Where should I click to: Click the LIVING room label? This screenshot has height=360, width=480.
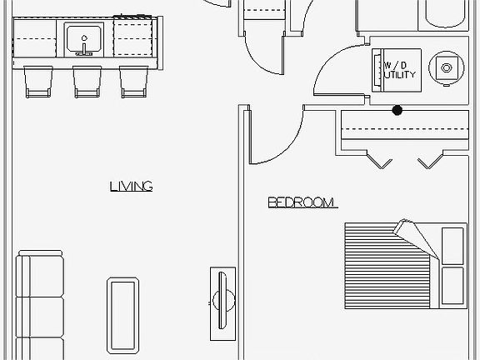(132, 187)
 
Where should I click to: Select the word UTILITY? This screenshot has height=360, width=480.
(400, 75)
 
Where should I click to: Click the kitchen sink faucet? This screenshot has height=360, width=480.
(84, 46)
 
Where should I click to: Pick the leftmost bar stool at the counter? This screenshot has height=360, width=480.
(38, 82)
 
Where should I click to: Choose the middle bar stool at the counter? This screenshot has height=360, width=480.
(87, 82)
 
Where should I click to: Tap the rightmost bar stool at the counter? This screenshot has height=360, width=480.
(134, 82)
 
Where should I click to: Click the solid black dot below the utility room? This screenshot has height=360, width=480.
(397, 110)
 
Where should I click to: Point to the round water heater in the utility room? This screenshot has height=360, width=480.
(447, 68)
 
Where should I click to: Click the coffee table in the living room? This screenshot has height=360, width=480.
(122, 315)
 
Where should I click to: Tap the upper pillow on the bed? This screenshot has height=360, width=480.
(452, 246)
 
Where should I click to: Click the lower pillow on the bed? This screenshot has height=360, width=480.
(452, 286)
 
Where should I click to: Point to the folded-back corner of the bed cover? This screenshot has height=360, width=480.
(417, 239)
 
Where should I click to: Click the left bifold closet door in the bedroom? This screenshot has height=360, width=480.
(380, 160)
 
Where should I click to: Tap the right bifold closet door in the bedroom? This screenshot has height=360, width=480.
(431, 160)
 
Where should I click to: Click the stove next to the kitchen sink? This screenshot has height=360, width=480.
(133, 37)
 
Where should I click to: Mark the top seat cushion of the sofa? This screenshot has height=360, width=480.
(40, 276)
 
